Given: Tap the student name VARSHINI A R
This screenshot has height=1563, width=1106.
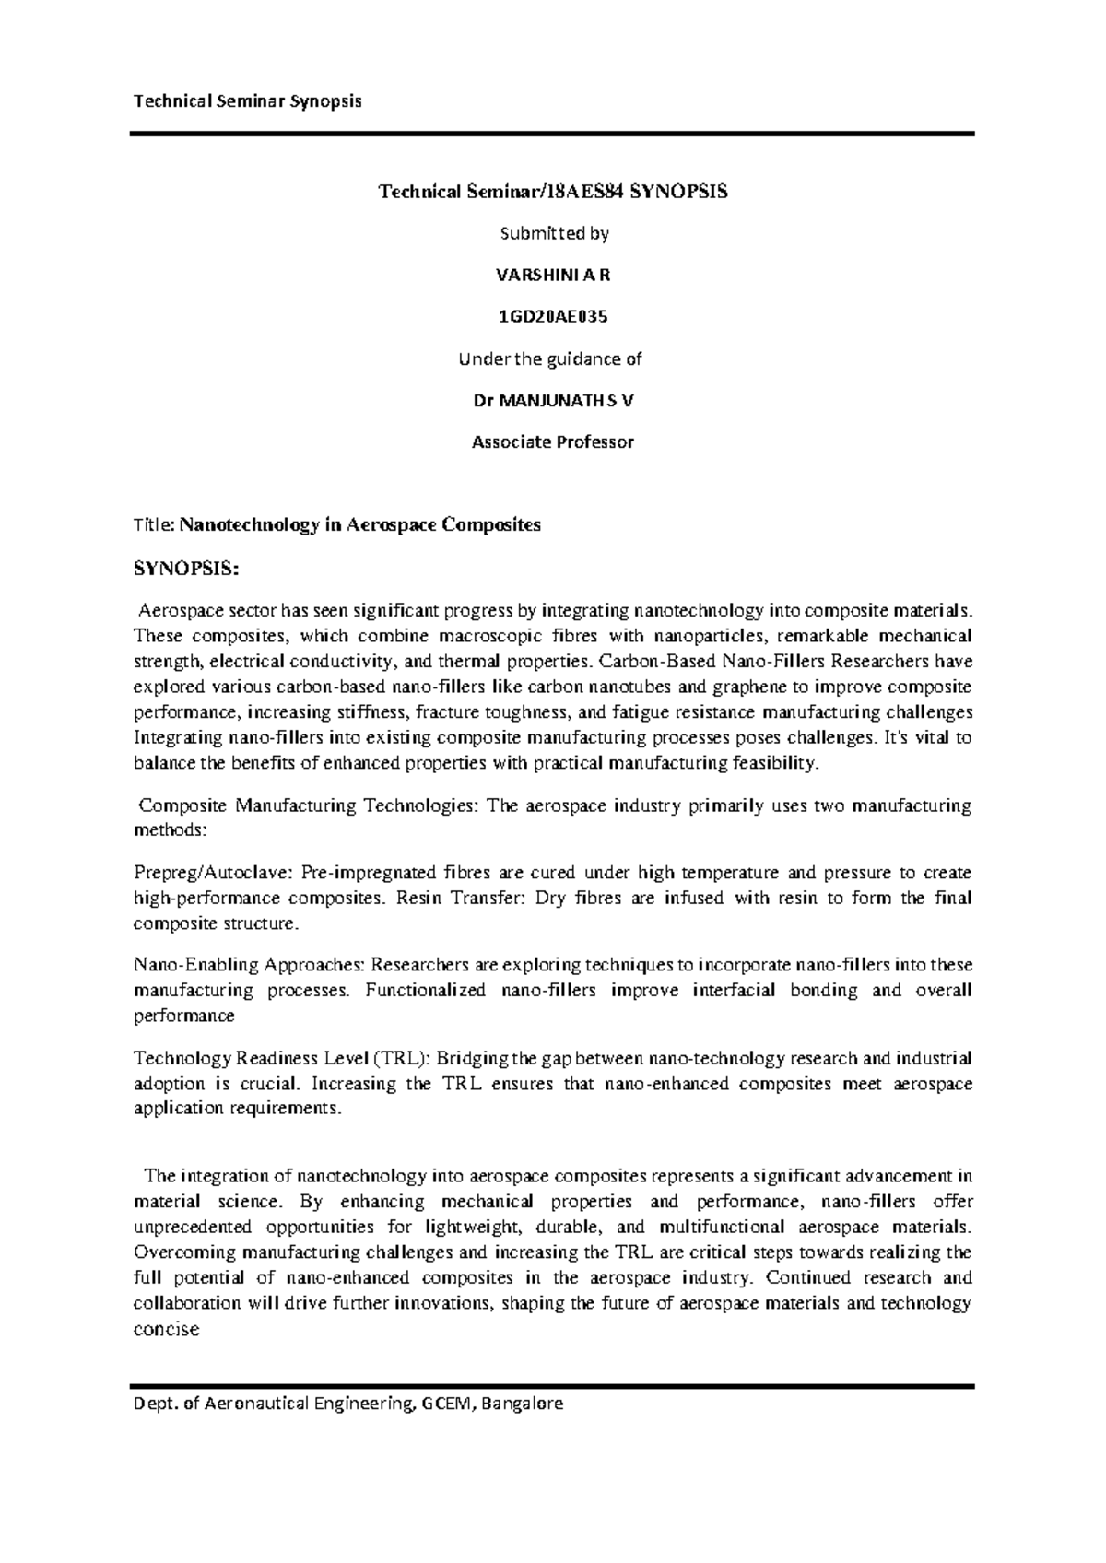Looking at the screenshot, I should [x=553, y=275].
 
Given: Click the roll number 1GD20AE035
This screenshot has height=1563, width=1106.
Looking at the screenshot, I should [x=553, y=317].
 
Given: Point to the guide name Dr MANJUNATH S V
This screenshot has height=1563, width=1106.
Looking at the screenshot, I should [x=553, y=401].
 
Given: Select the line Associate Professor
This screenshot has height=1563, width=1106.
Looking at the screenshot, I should [x=553, y=442].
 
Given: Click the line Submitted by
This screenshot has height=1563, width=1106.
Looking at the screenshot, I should [x=553, y=234].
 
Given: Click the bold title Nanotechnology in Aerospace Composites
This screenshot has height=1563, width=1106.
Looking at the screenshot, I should [x=360, y=525].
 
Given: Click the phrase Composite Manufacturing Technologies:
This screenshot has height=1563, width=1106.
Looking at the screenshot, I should [x=309, y=806].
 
